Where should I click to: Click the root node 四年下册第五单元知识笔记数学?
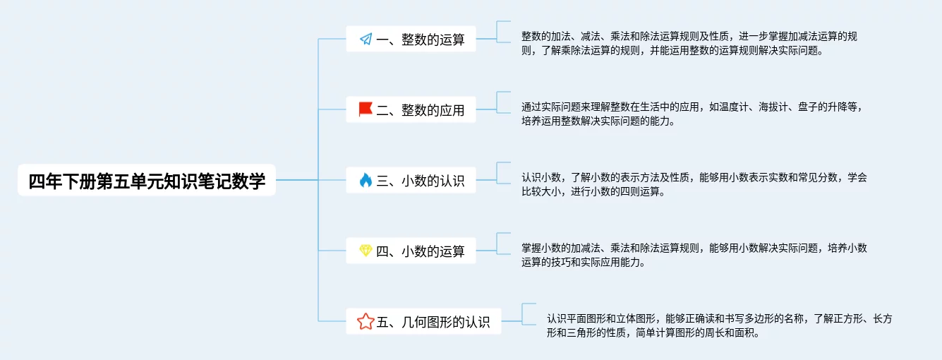[147, 181]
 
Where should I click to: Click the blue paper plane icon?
[366, 39]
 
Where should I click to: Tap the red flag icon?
[366, 109]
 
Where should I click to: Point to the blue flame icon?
[366, 180]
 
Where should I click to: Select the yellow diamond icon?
[366, 251]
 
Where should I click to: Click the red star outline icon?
[366, 322]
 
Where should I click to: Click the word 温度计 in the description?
[731, 107]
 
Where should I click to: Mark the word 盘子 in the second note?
[808, 107]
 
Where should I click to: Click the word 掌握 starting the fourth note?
[531, 248]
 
